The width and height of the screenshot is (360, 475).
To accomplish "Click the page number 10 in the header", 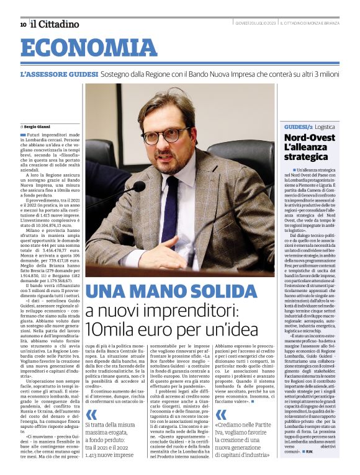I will pos(23,25).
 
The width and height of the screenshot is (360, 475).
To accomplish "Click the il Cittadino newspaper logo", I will pos(55,24).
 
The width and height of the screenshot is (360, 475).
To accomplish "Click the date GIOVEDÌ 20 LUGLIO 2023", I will pos(254,24).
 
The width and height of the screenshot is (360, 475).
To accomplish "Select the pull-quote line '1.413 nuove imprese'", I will pos(110,455).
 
